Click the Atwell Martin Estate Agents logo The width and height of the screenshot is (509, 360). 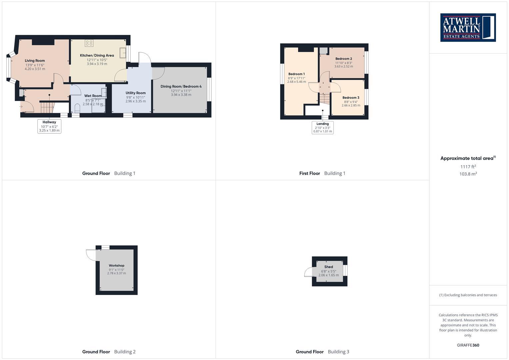[x=468, y=28]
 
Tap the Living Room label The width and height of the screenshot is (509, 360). [x=35, y=61]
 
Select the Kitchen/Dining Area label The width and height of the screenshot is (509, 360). [x=97, y=55]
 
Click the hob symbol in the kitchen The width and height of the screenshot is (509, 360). [x=89, y=43]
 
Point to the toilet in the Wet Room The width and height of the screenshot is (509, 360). [x=78, y=108]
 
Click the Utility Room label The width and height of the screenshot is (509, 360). [x=136, y=93]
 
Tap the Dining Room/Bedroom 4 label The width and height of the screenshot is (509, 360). [x=181, y=86]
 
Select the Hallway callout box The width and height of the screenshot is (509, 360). [x=49, y=126]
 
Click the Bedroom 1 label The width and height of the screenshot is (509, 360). [x=296, y=74]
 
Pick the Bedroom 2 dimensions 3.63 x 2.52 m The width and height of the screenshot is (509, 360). [x=344, y=66]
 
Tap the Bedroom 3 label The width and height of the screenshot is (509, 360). [x=351, y=98]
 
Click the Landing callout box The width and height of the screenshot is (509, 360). [x=323, y=127]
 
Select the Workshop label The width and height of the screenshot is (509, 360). [x=116, y=266]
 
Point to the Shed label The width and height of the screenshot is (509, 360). [x=329, y=267]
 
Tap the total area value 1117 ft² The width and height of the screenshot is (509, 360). [x=468, y=167]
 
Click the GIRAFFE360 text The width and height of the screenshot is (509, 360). [x=468, y=345]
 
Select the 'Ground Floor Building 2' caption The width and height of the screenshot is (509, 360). [x=109, y=352]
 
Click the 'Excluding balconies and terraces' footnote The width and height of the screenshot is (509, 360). [x=468, y=295]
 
